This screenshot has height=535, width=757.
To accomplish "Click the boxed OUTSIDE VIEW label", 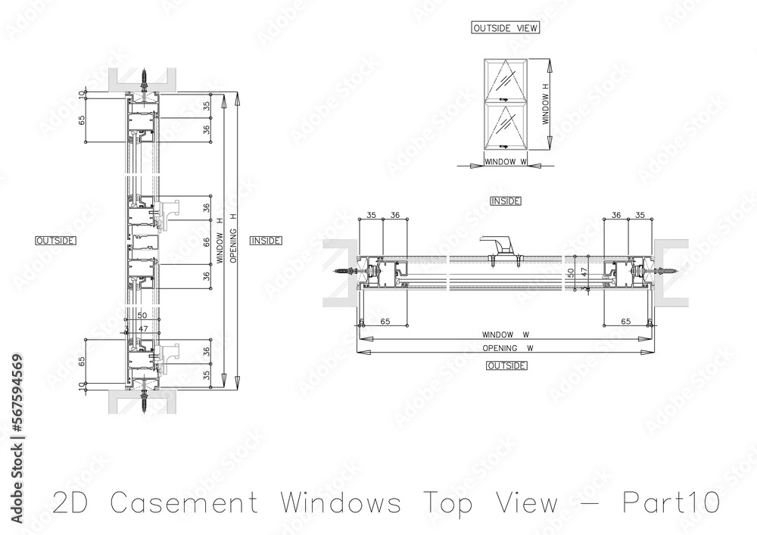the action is point(504,28).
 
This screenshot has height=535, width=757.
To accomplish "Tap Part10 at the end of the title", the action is point(671,502).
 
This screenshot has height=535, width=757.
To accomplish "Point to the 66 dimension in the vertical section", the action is point(207,242).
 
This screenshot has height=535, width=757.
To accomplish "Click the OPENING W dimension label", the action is point(500,348).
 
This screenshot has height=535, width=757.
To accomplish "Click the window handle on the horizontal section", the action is point(498,245).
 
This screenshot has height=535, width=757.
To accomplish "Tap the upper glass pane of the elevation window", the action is point(506,79).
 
